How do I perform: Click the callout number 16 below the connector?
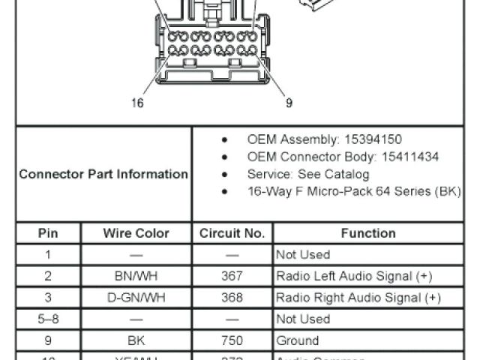click(x=137, y=103)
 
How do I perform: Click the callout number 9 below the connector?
click(x=289, y=103)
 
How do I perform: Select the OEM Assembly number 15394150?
click(x=373, y=139)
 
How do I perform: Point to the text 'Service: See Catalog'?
click(x=308, y=174)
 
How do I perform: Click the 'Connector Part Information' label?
click(x=103, y=174)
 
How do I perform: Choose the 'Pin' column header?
click(x=48, y=233)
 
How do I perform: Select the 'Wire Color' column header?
click(x=136, y=233)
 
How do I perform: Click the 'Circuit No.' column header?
click(x=232, y=233)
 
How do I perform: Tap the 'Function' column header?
click(x=367, y=233)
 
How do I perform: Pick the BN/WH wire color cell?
click(x=136, y=276)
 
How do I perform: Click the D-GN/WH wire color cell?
click(x=136, y=298)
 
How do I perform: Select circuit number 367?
click(x=232, y=276)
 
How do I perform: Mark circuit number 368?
click(x=232, y=298)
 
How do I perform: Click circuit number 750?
click(x=232, y=340)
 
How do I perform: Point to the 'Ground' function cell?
click(x=298, y=340)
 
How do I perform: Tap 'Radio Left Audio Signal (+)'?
click(x=354, y=276)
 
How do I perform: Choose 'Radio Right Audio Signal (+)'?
click(x=358, y=298)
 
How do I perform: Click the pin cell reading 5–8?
click(x=48, y=319)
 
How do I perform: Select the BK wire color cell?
click(x=136, y=340)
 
